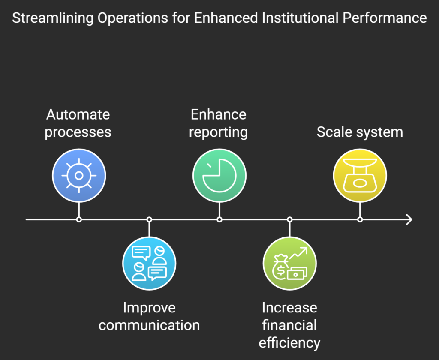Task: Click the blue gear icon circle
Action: [x=79, y=175]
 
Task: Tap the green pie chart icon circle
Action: [x=219, y=175]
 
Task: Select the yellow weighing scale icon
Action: [x=360, y=175]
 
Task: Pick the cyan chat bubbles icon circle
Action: [x=149, y=264]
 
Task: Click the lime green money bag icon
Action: [x=289, y=264]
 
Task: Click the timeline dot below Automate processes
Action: [x=79, y=219]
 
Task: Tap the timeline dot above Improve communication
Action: [x=149, y=219]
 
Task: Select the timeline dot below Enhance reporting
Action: [x=219, y=219]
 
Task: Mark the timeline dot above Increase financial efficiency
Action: [x=289, y=219]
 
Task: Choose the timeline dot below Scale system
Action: [x=360, y=219]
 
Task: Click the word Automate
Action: [x=78, y=115]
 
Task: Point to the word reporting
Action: [x=218, y=132]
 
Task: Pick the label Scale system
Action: [x=360, y=132]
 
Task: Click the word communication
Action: [x=149, y=325]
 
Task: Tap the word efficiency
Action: [x=289, y=342]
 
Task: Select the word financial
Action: [x=289, y=325]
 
